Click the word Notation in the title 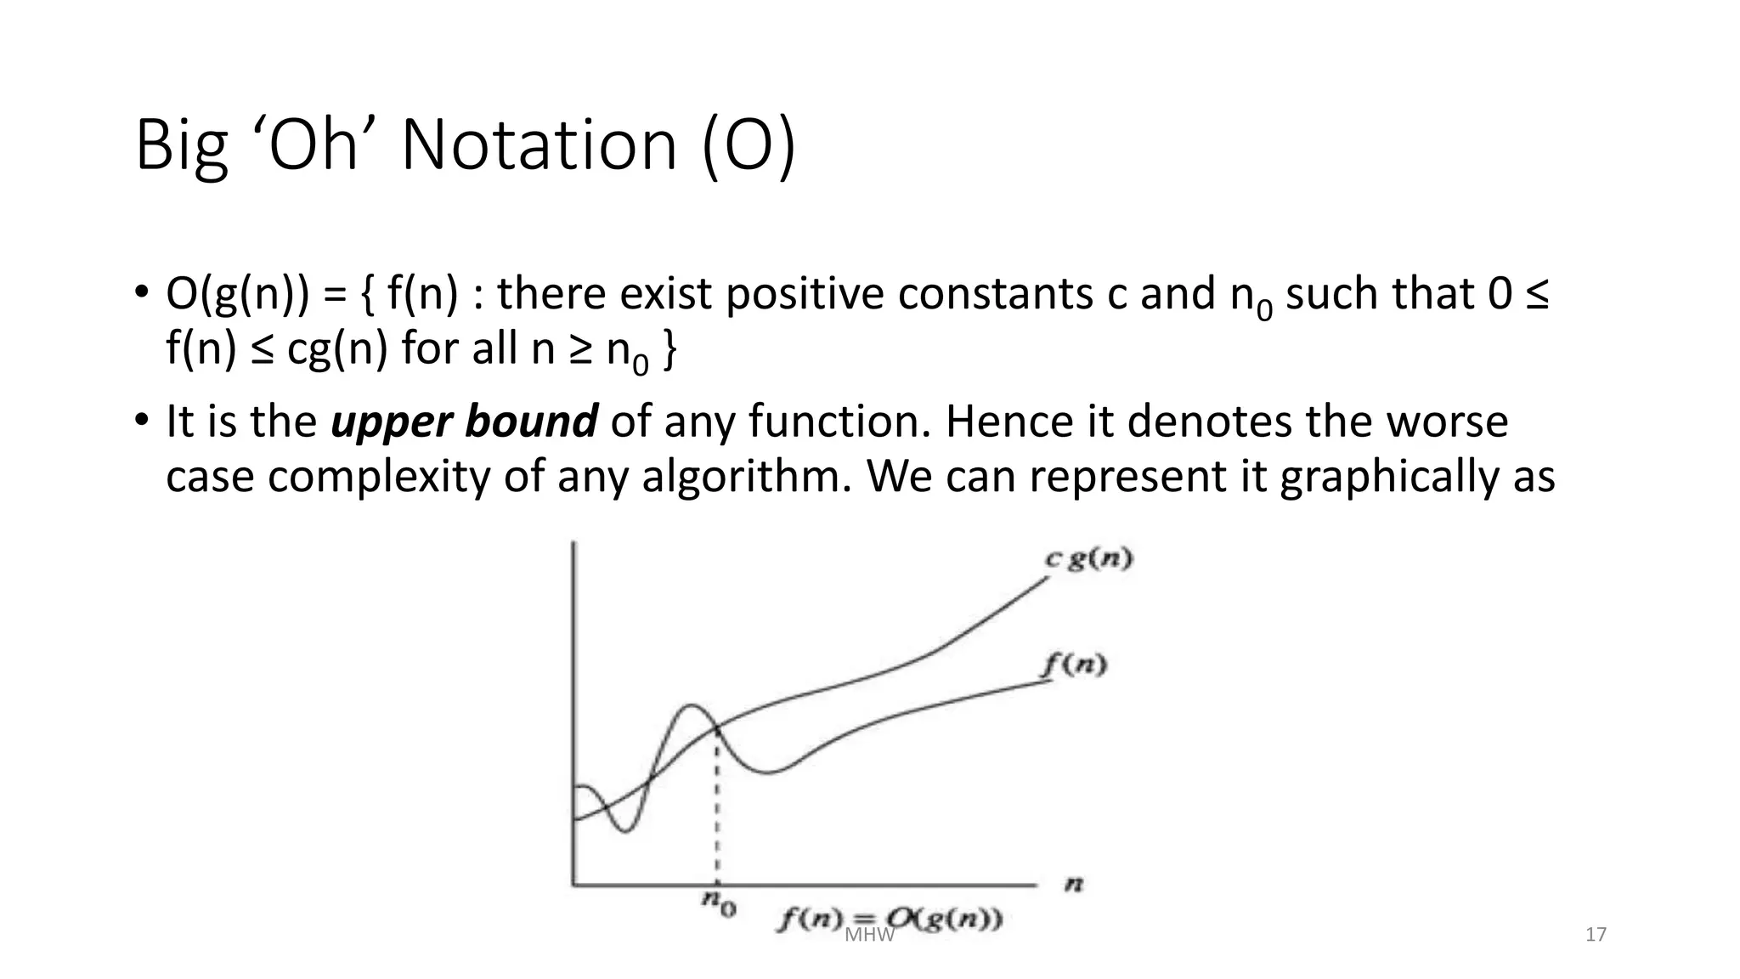[539, 144]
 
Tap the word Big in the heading [181, 146]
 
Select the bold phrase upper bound [464, 422]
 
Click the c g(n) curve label [1089, 558]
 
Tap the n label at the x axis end [1074, 885]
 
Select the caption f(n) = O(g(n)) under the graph [889, 920]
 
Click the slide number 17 [1596, 935]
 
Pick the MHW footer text [870, 936]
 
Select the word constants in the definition [997, 294]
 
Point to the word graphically [1389, 476]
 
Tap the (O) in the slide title [749, 146]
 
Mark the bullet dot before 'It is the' [141, 420]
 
